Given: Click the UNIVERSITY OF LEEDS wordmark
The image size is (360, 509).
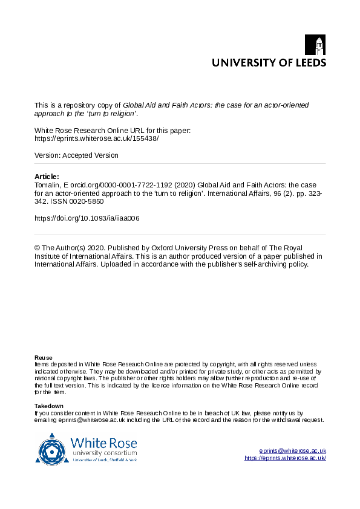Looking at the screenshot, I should coord(268,62).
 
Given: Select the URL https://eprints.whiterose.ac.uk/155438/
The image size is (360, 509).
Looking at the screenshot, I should coord(97,138).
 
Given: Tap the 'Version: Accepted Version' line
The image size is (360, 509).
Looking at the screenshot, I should coord(76,155).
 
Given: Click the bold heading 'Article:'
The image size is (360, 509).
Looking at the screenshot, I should coord(47,177).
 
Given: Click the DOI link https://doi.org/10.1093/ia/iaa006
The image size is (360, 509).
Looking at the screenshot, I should coord(87,218).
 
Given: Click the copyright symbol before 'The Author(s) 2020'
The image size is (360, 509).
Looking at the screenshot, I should coord(38,248).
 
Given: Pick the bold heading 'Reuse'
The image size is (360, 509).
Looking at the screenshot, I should coord(43,358).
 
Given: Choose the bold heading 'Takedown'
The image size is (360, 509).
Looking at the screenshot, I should coord(49,406).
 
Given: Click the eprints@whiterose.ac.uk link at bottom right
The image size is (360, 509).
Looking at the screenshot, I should coord(292,451).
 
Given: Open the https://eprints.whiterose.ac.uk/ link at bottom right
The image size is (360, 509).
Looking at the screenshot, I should coord(285,458).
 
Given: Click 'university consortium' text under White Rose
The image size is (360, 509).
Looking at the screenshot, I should coord(104,453).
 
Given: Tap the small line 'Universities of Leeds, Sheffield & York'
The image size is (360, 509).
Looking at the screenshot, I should coord(104,460).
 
